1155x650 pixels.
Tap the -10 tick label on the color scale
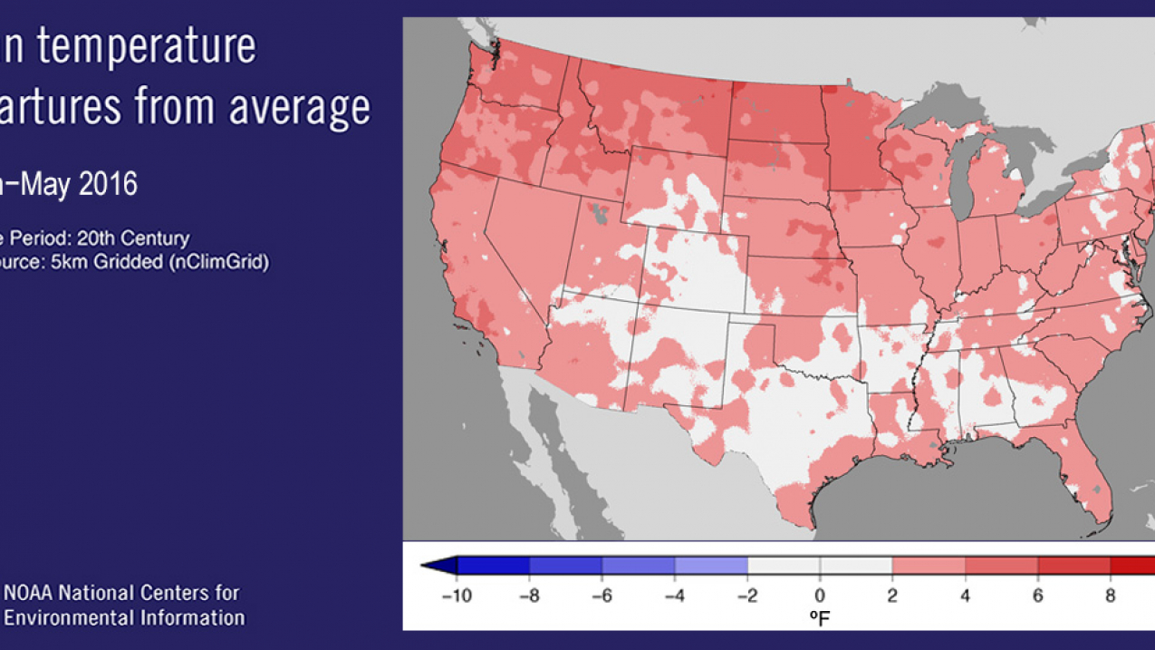click(457, 596)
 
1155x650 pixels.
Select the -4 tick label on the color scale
click(675, 596)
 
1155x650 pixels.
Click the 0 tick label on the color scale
click(820, 596)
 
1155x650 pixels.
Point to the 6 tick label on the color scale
click(1037, 596)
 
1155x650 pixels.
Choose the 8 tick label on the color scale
click(1110, 596)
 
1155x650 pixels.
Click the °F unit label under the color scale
click(820, 618)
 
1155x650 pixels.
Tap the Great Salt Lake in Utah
click(597, 215)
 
